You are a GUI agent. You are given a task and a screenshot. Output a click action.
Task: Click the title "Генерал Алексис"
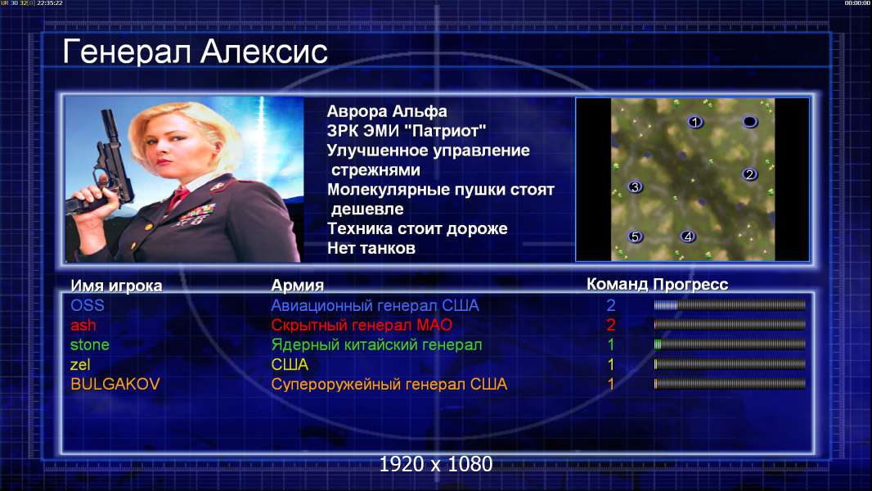pyautogui.click(x=195, y=52)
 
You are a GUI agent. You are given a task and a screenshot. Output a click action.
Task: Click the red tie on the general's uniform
pyautogui.click(x=179, y=196)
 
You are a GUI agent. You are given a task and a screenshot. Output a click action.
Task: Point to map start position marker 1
pyautogui.click(x=694, y=122)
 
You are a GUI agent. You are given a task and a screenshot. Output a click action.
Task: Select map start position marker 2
pyautogui.click(x=749, y=174)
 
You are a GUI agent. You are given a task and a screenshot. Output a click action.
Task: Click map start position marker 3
pyautogui.click(x=635, y=187)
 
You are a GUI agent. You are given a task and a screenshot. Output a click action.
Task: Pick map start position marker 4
pyautogui.click(x=688, y=236)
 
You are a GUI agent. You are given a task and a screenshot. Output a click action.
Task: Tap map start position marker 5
pyautogui.click(x=635, y=236)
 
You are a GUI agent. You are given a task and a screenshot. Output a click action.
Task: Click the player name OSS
pyautogui.click(x=88, y=305)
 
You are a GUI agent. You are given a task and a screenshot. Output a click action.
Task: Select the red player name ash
pyautogui.click(x=83, y=325)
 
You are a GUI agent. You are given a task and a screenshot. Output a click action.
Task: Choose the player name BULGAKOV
pyautogui.click(x=115, y=384)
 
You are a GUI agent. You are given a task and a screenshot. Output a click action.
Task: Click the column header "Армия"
pyautogui.click(x=298, y=286)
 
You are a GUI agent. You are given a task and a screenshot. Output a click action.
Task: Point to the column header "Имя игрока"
pyautogui.click(x=116, y=286)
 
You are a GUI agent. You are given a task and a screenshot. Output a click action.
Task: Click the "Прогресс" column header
pyautogui.click(x=690, y=284)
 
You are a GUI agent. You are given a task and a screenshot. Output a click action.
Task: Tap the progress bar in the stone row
pyautogui.click(x=730, y=345)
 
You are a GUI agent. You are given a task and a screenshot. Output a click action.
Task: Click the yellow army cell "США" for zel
pyautogui.click(x=290, y=364)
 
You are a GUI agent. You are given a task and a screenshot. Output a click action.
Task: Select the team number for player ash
pyautogui.click(x=610, y=325)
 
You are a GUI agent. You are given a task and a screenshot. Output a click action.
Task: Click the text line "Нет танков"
pyautogui.click(x=371, y=248)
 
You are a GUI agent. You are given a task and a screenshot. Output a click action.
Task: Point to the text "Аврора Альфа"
pyautogui.click(x=387, y=111)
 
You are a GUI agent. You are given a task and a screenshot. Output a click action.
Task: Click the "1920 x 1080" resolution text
pyautogui.click(x=436, y=464)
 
